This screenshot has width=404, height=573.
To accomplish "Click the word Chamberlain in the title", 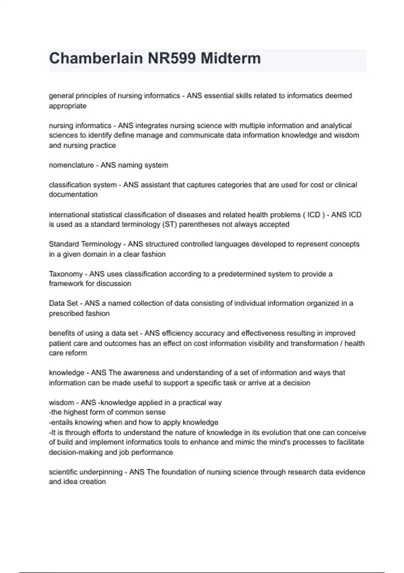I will pos(96,58).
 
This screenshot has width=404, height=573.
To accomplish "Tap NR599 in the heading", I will pos(172,58).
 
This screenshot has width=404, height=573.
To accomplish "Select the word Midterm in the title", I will pos(231,58).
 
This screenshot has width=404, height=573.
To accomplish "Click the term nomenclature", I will pos(71,165).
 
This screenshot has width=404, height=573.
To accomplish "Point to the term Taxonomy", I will pos(66,274).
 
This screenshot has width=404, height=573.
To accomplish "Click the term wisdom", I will pos(61,402).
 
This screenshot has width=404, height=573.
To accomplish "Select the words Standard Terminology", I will pos(85,244).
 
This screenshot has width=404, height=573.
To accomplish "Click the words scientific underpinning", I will pos(86,472).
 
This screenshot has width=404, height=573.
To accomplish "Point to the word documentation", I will pos(73,194).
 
